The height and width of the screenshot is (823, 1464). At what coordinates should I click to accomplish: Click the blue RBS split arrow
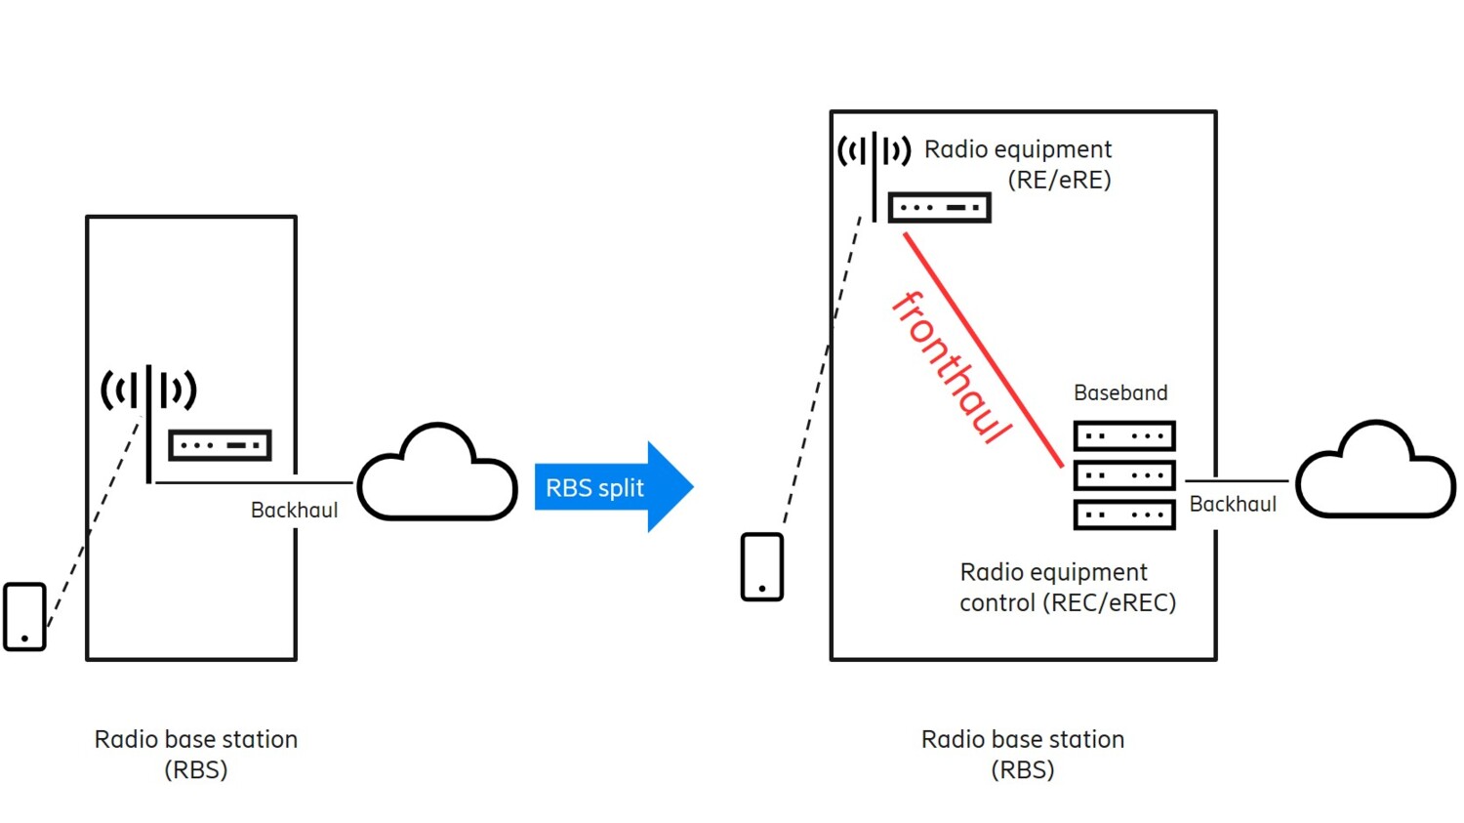click(x=611, y=487)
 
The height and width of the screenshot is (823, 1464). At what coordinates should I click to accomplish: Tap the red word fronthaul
click(x=950, y=367)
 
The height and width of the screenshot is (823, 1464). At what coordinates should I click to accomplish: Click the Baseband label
click(x=1119, y=393)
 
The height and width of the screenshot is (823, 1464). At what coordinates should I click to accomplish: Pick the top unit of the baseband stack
click(x=1123, y=436)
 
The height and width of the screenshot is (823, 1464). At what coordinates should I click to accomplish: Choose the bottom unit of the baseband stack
click(x=1123, y=514)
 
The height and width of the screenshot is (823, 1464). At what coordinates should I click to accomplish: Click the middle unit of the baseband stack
click(x=1123, y=475)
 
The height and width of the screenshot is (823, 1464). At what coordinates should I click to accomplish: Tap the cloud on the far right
click(x=1375, y=473)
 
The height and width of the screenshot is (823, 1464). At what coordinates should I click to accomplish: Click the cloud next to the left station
click(x=437, y=475)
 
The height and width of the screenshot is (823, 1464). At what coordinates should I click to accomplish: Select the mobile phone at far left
click(x=24, y=616)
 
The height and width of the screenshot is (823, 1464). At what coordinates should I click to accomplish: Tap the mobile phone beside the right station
click(x=761, y=567)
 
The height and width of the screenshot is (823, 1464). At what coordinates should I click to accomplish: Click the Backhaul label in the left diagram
click(x=294, y=511)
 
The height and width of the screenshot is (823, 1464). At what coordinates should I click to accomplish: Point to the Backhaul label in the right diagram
click(x=1232, y=505)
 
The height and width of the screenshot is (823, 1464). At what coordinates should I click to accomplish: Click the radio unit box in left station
click(x=220, y=445)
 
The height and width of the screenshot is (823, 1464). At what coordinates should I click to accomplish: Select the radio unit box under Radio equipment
click(x=939, y=208)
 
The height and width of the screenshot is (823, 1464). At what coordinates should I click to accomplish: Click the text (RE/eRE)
click(x=1059, y=181)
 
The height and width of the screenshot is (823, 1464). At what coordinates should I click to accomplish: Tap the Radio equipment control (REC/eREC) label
click(x=1067, y=588)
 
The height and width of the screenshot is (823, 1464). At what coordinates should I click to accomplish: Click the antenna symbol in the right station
click(x=874, y=161)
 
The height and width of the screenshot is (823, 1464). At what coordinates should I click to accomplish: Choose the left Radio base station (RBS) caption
click(x=195, y=754)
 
